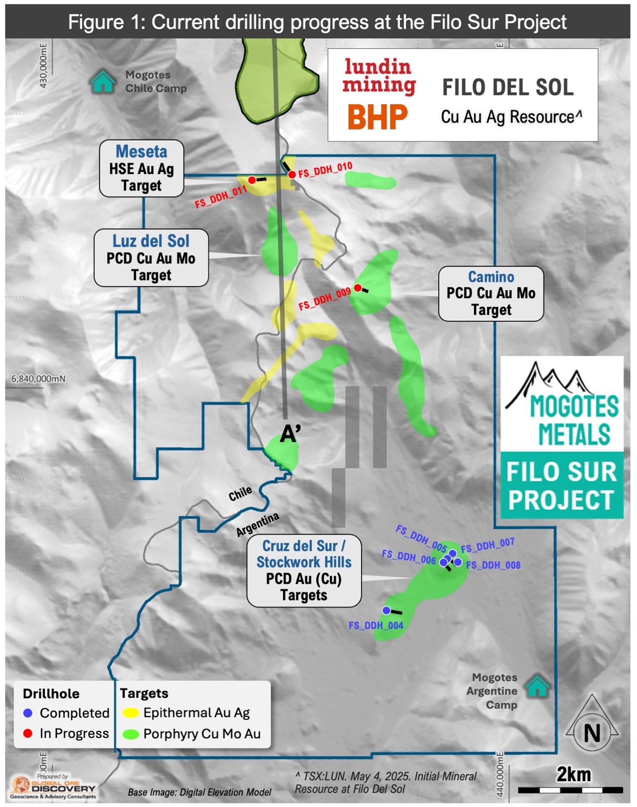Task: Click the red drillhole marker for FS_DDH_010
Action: click(x=292, y=175)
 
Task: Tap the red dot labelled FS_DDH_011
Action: click(x=252, y=180)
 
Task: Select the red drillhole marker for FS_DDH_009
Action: click(x=358, y=288)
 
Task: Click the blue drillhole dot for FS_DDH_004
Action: click(x=386, y=610)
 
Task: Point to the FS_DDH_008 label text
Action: click(x=493, y=565)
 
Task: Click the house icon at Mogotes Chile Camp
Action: click(x=102, y=82)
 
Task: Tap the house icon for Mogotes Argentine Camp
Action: click(x=537, y=686)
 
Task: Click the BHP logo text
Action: click(x=377, y=117)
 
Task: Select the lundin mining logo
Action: click(x=379, y=76)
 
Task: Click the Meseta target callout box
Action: click(x=141, y=168)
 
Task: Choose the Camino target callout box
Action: click(x=490, y=294)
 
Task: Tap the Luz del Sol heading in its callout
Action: click(x=151, y=241)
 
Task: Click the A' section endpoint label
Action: click(x=290, y=434)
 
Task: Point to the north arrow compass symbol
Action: click(x=591, y=720)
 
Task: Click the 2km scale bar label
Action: click(x=573, y=774)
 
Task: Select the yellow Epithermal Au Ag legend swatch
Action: click(x=131, y=713)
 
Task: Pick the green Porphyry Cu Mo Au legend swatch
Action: click(x=131, y=734)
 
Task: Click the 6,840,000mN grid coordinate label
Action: click(x=38, y=379)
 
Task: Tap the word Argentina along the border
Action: click(x=257, y=524)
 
